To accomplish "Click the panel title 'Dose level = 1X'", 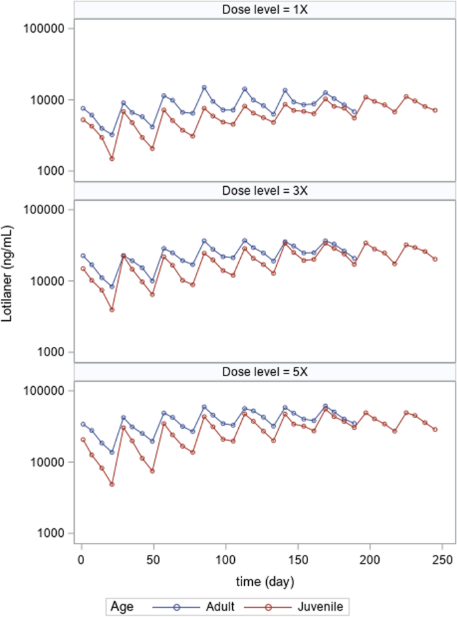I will click(266, 9).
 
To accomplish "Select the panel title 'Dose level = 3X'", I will click(266, 190).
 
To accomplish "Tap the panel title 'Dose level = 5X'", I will click(266, 372).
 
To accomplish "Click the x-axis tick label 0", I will click(81, 558).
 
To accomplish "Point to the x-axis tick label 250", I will click(442, 558).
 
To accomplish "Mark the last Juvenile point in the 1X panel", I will click(435, 110).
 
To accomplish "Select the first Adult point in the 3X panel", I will click(83, 255).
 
